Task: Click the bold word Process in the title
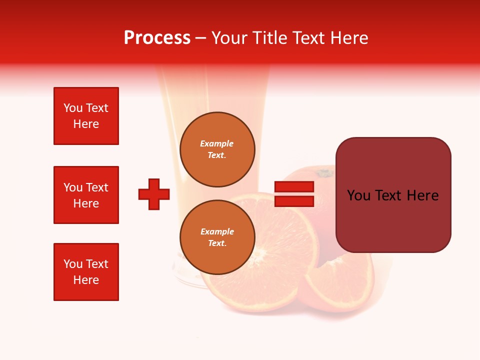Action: (x=157, y=38)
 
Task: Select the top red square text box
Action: (x=86, y=116)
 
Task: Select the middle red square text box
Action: (x=86, y=195)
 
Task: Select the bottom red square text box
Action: (x=86, y=272)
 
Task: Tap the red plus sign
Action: (x=154, y=194)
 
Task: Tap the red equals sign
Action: (x=294, y=194)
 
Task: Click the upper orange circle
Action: (x=217, y=149)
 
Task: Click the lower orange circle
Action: (x=217, y=237)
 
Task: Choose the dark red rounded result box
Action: (x=393, y=195)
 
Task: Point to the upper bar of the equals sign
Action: (x=294, y=187)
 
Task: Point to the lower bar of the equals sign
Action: (x=294, y=201)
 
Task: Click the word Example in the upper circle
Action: (x=217, y=143)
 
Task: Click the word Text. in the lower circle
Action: (x=217, y=243)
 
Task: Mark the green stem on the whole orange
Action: (x=324, y=173)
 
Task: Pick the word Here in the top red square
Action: (x=86, y=124)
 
